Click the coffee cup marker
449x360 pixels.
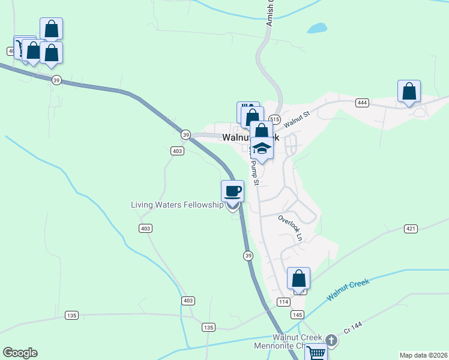[232, 192]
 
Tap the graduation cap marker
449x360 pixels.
[262, 148]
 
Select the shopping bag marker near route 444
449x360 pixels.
[409, 92]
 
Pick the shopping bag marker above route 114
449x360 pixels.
[298, 279]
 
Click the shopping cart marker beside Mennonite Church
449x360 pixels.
[316, 353]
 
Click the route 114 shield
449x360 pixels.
[284, 301]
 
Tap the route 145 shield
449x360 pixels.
[297, 314]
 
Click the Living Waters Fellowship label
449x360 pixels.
[177, 205]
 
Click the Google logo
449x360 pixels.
[20, 353]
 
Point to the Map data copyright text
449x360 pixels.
[423, 355]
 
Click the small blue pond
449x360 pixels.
[317, 28]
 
